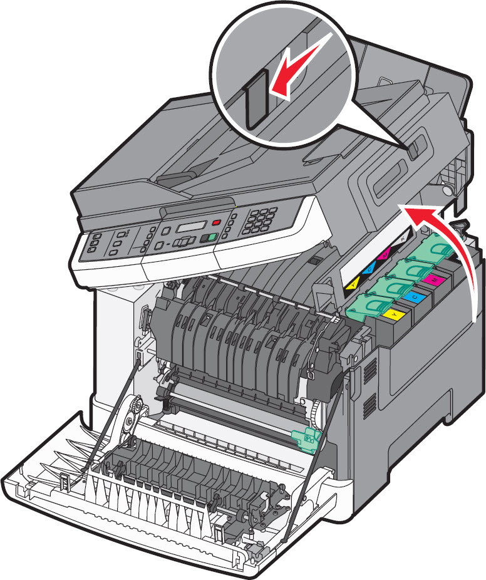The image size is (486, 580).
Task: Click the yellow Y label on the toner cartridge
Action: pyautogui.click(x=394, y=311)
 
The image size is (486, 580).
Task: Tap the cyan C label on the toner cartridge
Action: pyautogui.click(x=411, y=294)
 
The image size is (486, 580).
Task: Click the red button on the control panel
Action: pyautogui.click(x=217, y=222)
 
